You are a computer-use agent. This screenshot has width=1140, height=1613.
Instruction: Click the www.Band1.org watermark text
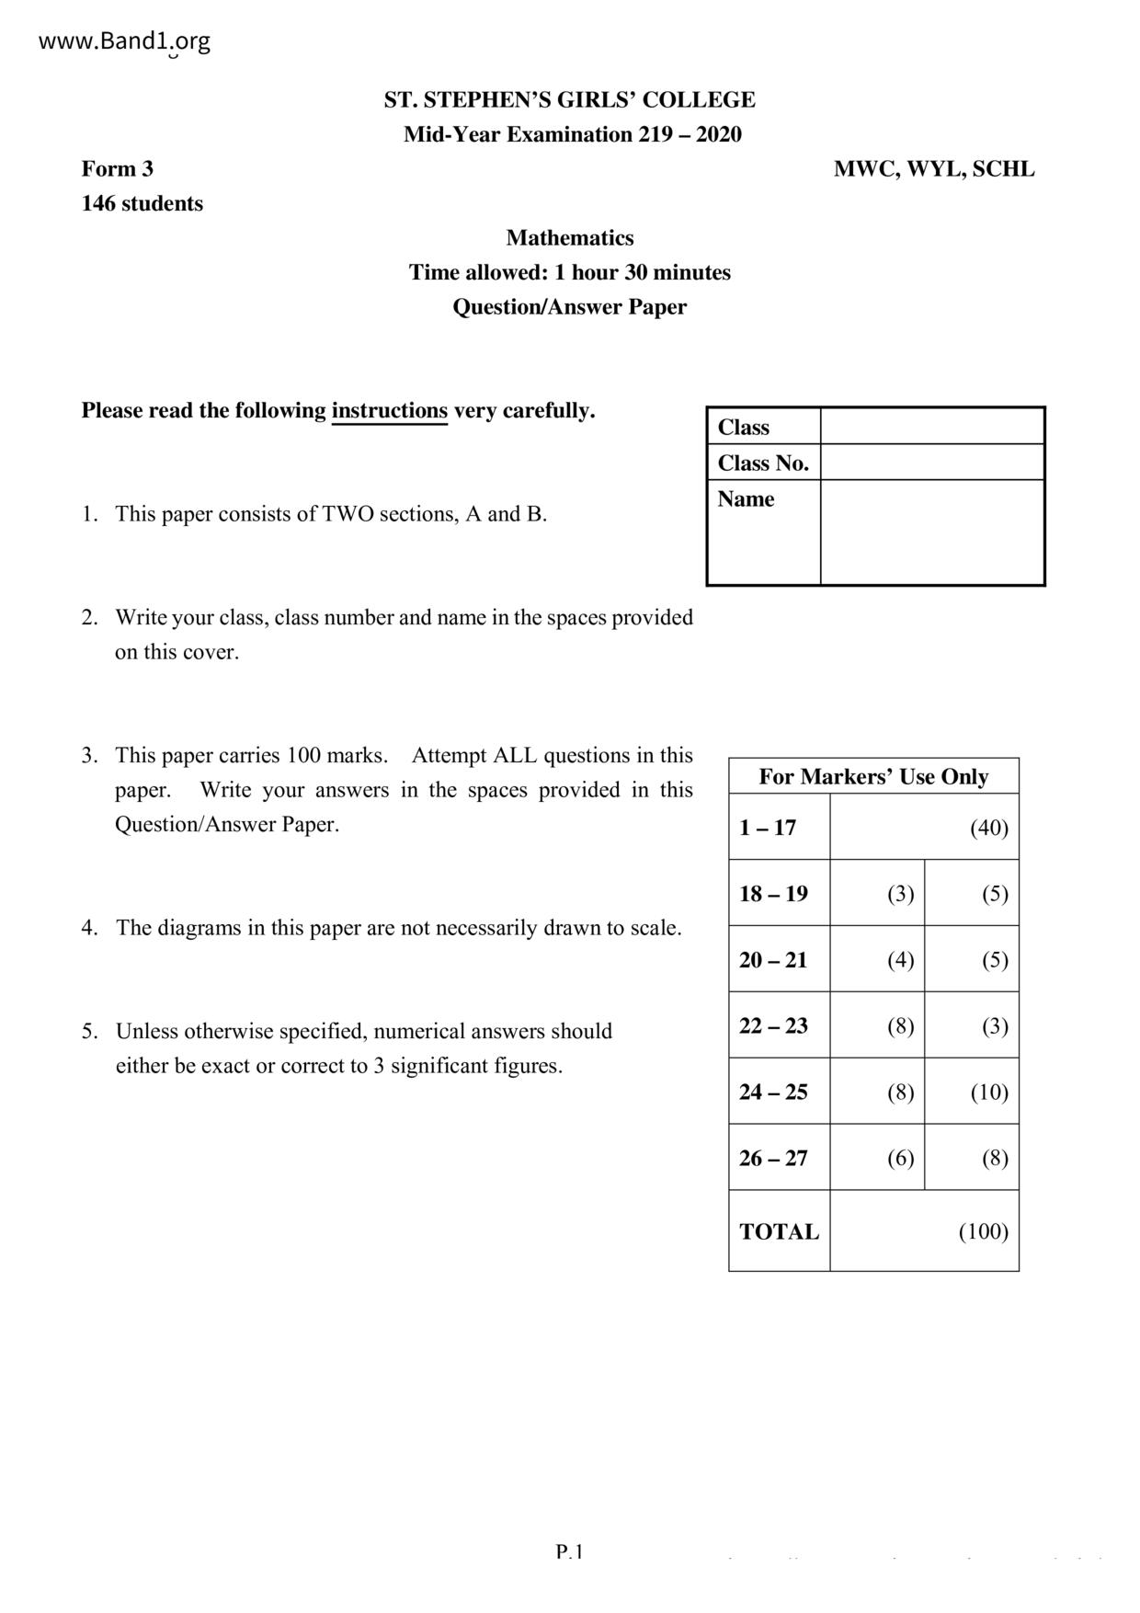(x=125, y=41)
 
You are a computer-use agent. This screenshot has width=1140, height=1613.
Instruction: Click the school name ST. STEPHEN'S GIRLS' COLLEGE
(x=570, y=100)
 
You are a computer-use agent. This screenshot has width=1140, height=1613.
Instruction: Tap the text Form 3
(x=118, y=169)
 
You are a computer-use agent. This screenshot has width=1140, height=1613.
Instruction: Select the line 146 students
(x=142, y=204)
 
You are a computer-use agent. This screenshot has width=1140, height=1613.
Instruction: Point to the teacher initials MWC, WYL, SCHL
(x=933, y=169)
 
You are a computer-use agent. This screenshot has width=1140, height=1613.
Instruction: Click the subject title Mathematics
(x=570, y=238)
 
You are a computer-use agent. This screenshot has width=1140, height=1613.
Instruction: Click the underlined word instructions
(x=389, y=411)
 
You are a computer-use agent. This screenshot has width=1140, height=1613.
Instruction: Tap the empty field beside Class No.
(x=932, y=463)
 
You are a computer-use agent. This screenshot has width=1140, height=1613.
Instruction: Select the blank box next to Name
(x=932, y=532)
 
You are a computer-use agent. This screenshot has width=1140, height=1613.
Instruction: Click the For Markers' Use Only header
(x=873, y=777)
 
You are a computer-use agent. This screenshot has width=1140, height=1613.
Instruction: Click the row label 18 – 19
(x=774, y=894)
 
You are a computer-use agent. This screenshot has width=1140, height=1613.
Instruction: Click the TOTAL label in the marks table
(x=779, y=1232)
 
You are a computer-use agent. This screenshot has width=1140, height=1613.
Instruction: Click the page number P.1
(x=570, y=1552)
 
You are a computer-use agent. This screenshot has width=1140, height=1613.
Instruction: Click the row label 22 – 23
(x=774, y=1026)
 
